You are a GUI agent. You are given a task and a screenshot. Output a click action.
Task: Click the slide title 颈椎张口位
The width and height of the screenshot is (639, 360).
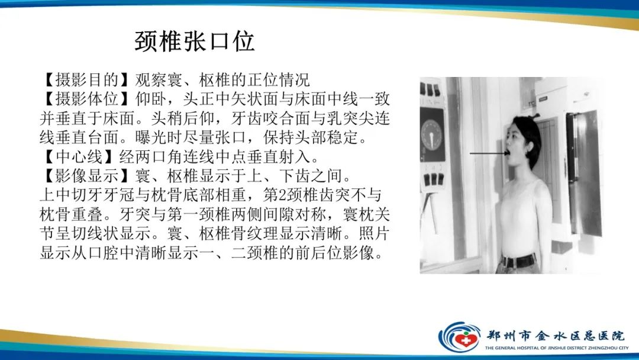pos(195,41)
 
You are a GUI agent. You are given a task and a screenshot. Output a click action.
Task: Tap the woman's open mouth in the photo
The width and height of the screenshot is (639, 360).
pos(508,156)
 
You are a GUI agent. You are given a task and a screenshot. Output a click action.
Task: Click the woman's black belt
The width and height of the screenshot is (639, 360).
pos(519,260)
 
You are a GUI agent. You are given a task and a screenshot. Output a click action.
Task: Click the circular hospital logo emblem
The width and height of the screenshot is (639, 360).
pos(459,336)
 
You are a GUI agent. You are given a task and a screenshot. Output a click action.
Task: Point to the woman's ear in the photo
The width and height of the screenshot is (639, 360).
pos(528,144)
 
